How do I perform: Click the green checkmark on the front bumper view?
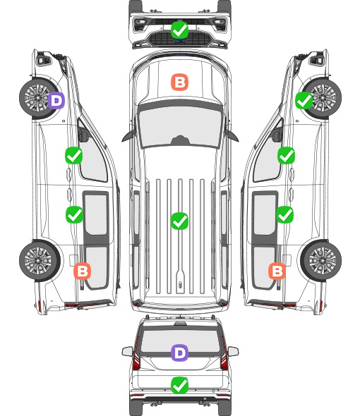click(180, 30)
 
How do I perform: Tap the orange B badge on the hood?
click(180, 82)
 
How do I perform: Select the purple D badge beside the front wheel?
click(56, 100)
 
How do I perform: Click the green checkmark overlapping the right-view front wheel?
click(304, 100)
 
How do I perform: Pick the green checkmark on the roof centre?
click(180, 221)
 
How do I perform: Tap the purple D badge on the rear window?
click(180, 353)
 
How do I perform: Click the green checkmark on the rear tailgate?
click(180, 385)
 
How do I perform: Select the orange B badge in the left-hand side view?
click(83, 271)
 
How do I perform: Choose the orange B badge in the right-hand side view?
click(277, 271)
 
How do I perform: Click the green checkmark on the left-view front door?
click(74, 155)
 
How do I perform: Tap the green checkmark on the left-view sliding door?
click(74, 214)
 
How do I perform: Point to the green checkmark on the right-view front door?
click(286, 155)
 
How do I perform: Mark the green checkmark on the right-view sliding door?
click(285, 214)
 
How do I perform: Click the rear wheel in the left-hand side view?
click(40, 261)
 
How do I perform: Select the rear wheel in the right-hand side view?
click(321, 261)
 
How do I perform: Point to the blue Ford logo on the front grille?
click(180, 41)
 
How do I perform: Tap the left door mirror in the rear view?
click(127, 351)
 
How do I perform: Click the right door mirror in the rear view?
click(233, 351)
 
